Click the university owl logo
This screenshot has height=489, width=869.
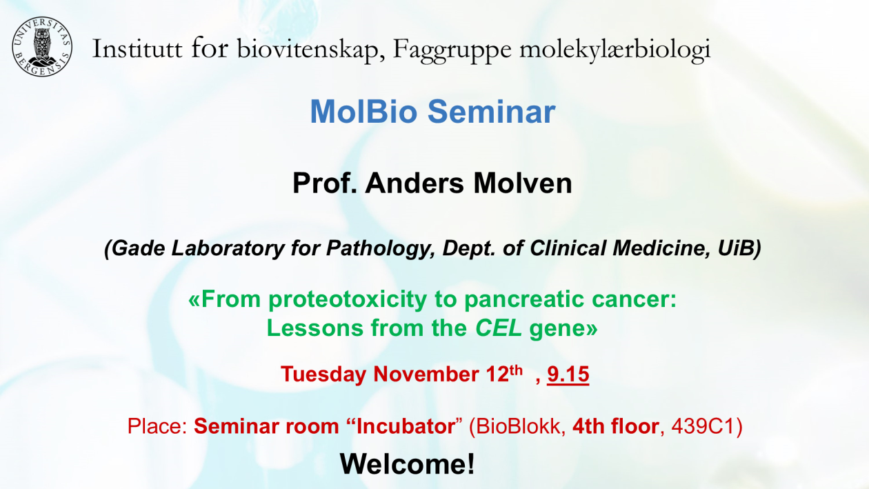[41, 47]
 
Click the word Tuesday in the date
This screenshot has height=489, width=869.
[323, 375]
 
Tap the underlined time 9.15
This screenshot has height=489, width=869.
[568, 375]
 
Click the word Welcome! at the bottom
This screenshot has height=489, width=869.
[407, 464]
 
